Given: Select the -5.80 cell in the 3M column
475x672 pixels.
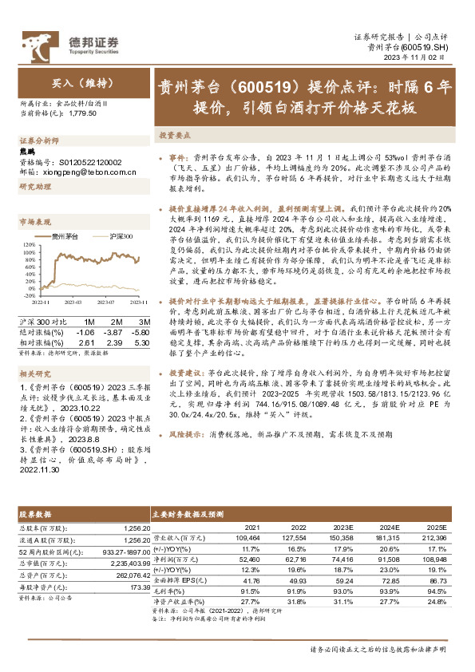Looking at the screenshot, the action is point(139,331).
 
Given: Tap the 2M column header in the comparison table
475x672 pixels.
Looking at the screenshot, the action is point(115,322).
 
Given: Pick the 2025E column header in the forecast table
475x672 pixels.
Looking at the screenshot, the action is point(436,528).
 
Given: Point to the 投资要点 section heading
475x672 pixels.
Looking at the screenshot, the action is point(174,136).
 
